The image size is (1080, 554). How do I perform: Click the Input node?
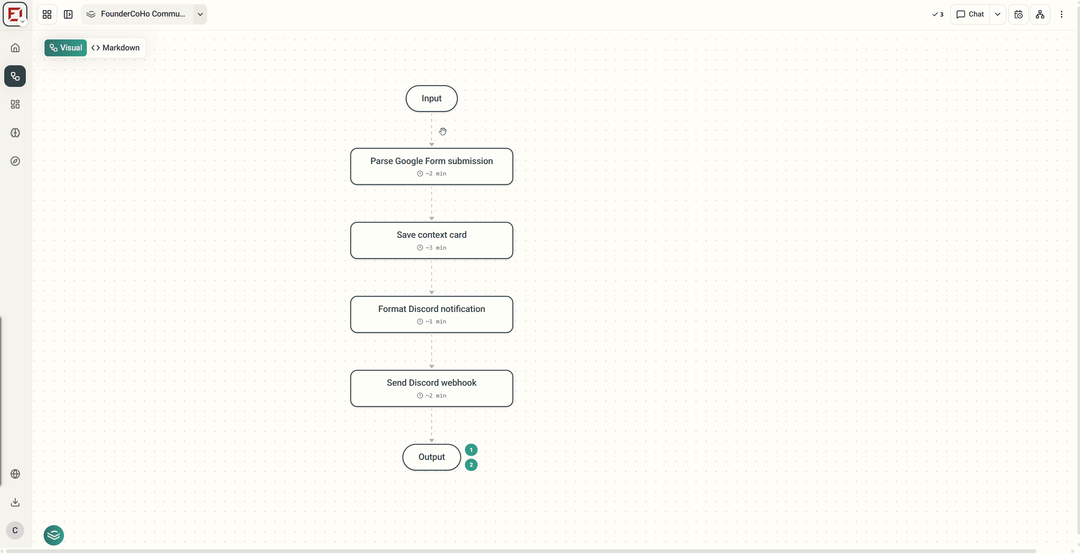(431, 99)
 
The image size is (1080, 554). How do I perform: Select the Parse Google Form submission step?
(431, 167)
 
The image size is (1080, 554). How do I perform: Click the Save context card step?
(431, 240)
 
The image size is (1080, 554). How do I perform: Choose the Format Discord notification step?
(431, 315)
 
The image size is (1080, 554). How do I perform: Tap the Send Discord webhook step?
(431, 388)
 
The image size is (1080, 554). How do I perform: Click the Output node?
(431, 457)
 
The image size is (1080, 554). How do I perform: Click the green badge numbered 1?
(471, 450)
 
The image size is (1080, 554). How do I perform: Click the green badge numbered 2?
(471, 465)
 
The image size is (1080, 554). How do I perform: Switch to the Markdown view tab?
(116, 48)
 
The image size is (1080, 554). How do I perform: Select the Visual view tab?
(66, 48)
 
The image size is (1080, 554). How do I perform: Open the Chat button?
(970, 14)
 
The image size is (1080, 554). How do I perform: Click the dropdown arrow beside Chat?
(998, 14)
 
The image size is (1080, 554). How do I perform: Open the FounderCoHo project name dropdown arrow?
(200, 14)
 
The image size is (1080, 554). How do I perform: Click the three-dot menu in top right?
(1061, 14)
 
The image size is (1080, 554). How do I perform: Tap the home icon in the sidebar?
(15, 48)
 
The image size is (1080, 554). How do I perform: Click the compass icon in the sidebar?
(15, 161)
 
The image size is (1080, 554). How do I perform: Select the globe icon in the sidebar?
(15, 474)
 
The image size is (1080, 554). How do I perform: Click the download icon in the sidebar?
(15, 502)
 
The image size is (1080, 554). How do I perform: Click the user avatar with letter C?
(15, 530)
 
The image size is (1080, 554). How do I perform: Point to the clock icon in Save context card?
(420, 248)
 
